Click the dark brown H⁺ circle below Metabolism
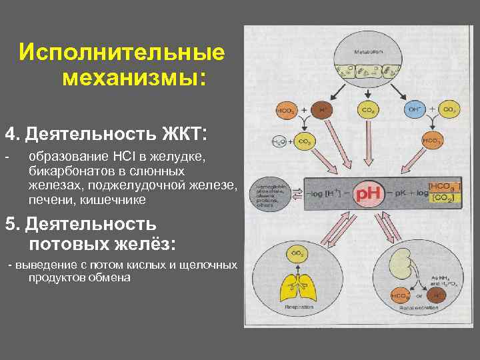coord(323,109)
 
